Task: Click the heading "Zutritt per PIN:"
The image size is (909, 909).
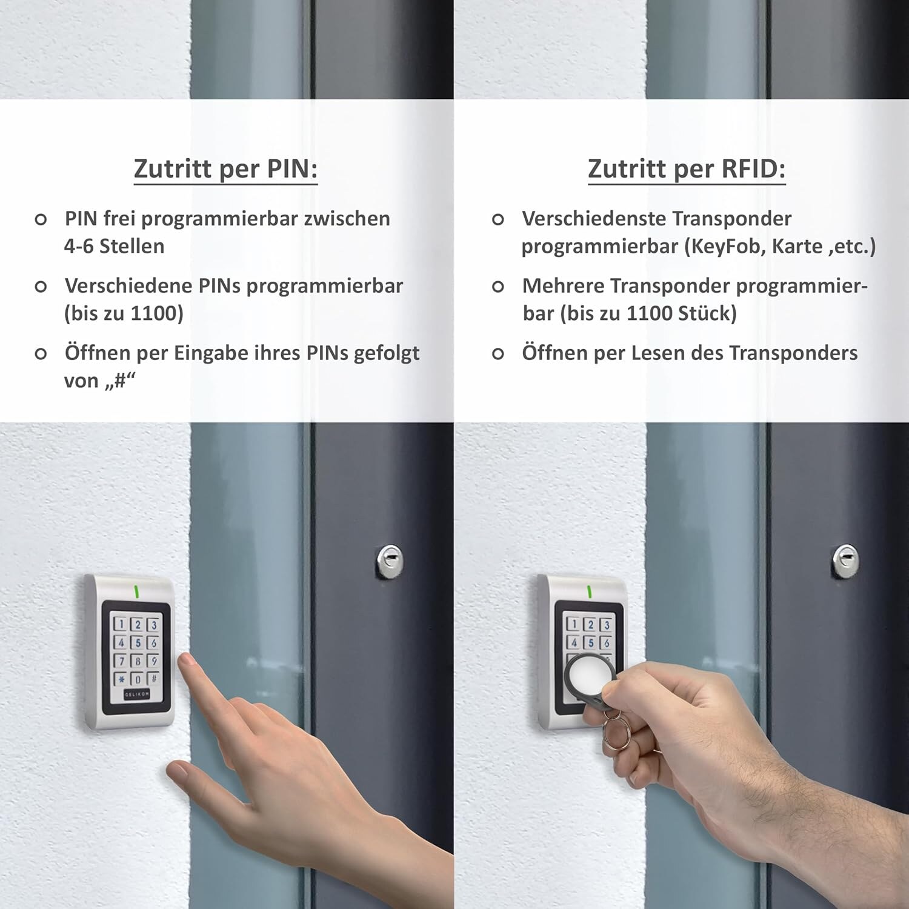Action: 225,168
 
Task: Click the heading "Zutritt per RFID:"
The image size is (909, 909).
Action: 687,168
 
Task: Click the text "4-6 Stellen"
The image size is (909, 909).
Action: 114,246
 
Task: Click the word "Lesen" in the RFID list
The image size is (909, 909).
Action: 658,353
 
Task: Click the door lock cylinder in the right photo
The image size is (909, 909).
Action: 845,561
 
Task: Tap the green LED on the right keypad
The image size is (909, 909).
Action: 589,591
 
